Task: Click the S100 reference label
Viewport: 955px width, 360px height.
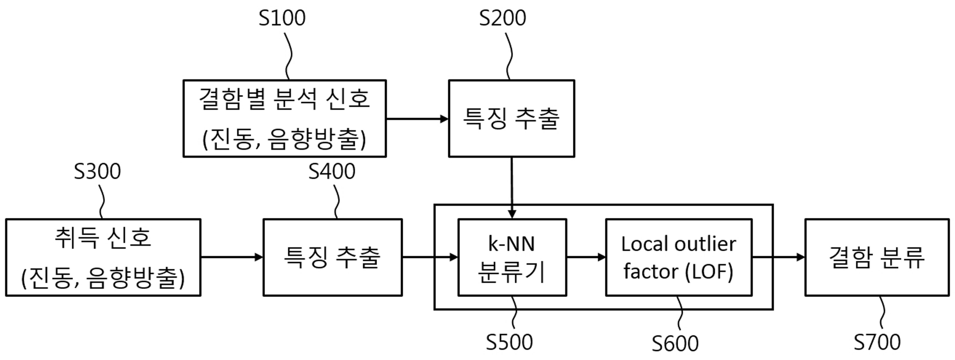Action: coord(282,18)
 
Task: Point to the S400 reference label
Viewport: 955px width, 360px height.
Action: coord(332,171)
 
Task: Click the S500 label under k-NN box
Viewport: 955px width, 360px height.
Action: coord(509,342)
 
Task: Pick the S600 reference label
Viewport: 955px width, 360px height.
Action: coord(675,343)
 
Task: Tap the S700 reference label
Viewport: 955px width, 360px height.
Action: coord(877,342)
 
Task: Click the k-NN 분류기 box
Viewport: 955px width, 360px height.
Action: coord(512,257)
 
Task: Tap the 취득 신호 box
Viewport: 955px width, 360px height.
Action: coord(103,257)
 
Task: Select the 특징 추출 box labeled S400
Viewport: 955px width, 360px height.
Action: coord(333,257)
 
